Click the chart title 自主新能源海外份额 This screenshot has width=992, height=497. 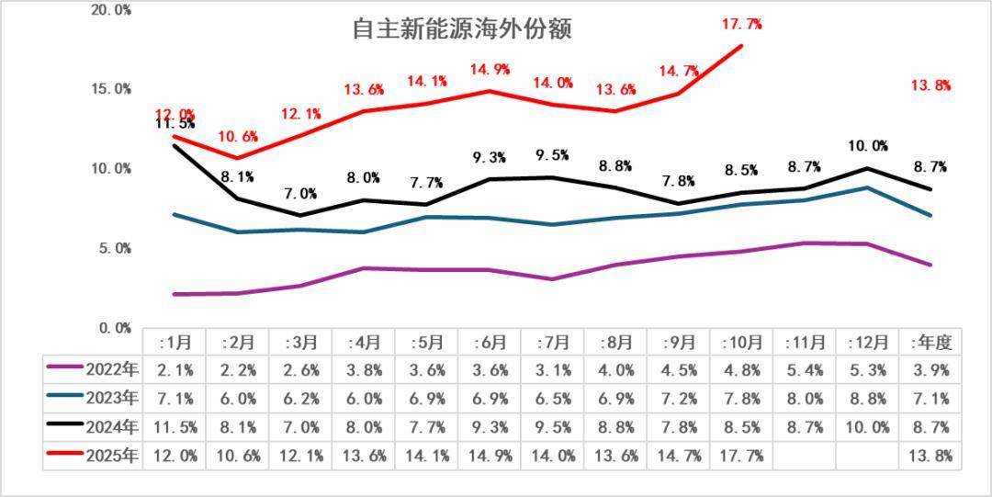[x=462, y=29]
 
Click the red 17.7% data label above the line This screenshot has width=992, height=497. [x=741, y=24]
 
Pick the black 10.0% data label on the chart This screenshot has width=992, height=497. [x=868, y=146]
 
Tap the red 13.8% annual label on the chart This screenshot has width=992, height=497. [x=930, y=85]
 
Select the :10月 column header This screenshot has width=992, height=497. [x=742, y=342]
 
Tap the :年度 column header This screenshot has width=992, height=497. [x=930, y=342]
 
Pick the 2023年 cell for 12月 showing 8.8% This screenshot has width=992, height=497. [x=868, y=399]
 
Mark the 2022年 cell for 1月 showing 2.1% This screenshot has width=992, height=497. [x=175, y=370]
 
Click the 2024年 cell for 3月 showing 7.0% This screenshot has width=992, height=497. [x=301, y=427]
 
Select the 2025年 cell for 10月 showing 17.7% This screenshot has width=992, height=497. [x=742, y=456]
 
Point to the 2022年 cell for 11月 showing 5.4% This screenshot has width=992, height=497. [x=805, y=370]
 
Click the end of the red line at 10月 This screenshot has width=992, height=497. [x=741, y=45]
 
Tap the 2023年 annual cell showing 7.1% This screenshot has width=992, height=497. [x=930, y=399]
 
